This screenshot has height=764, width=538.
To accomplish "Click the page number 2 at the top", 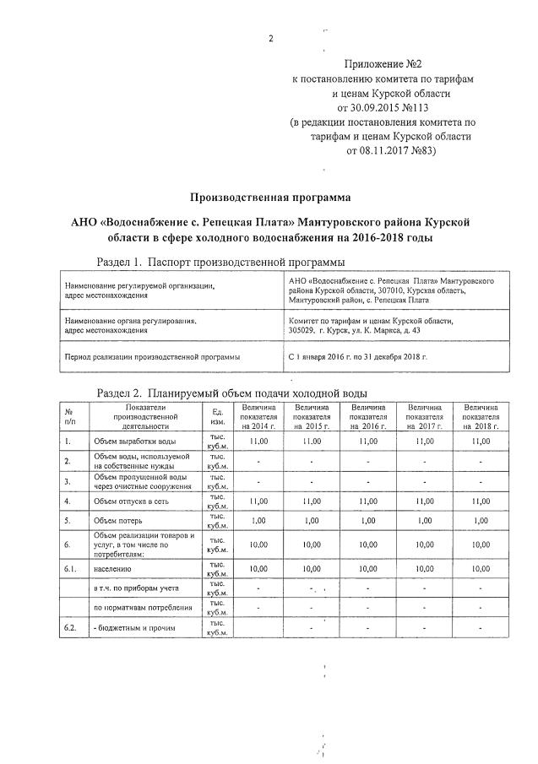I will pyautogui.click(x=271, y=39).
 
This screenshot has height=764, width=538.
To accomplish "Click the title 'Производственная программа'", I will pyautogui.click(x=269, y=198).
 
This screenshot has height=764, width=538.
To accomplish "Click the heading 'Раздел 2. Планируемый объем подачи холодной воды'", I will pyautogui.click(x=232, y=393).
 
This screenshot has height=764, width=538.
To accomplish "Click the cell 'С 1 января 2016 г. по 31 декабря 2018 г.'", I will pyautogui.click(x=358, y=357).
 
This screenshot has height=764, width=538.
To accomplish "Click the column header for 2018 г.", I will pyautogui.click(x=480, y=418).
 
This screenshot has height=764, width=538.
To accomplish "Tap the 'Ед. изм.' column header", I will pyautogui.click(x=217, y=418).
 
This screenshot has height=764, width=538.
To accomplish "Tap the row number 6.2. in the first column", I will pyautogui.click(x=70, y=629).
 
